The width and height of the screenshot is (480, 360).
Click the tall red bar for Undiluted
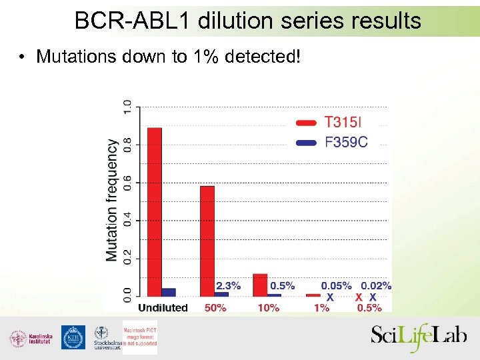(x=154, y=211)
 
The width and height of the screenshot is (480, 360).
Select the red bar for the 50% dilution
(x=207, y=241)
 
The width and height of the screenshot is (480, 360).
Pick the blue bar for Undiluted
(x=169, y=292)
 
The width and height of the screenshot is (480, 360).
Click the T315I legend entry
(x=343, y=122)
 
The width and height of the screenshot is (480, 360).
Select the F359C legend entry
(x=345, y=141)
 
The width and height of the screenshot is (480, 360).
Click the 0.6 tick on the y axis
(x=127, y=182)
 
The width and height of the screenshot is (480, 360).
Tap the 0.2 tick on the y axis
(x=127, y=258)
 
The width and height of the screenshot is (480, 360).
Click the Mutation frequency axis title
(x=112, y=200)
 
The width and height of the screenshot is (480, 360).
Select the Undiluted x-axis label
(x=163, y=308)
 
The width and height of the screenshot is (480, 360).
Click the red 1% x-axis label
(x=322, y=308)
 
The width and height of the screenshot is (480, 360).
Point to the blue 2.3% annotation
(x=228, y=286)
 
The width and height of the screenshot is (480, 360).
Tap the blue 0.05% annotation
(x=337, y=286)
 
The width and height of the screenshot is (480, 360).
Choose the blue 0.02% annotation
(x=376, y=286)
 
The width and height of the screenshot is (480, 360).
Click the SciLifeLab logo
(x=420, y=337)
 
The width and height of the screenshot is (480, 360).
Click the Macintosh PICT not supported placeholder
(x=139, y=337)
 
